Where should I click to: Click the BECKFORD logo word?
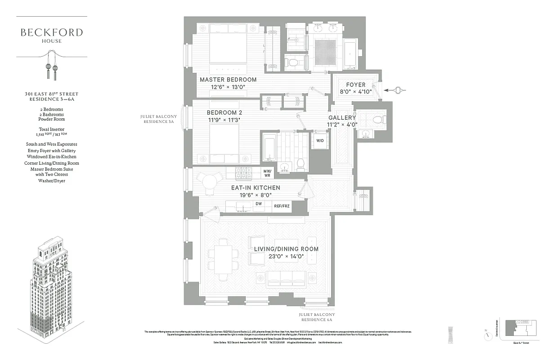(x=52, y=32)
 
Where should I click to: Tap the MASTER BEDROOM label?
(x=228, y=80)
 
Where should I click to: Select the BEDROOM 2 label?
(x=224, y=112)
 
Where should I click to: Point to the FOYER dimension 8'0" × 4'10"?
(x=356, y=92)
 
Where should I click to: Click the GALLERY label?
(x=342, y=117)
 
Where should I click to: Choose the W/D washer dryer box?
(x=320, y=140)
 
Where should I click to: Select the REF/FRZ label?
(x=282, y=206)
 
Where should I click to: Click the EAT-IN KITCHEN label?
(x=256, y=188)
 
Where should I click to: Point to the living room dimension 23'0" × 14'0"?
(x=286, y=256)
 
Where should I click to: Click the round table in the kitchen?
(x=210, y=182)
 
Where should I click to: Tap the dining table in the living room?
(x=223, y=259)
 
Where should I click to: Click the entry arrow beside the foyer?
(x=396, y=90)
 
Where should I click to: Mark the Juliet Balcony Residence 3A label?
(x=158, y=119)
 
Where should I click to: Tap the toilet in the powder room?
(x=378, y=120)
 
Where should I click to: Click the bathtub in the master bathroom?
(x=350, y=53)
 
